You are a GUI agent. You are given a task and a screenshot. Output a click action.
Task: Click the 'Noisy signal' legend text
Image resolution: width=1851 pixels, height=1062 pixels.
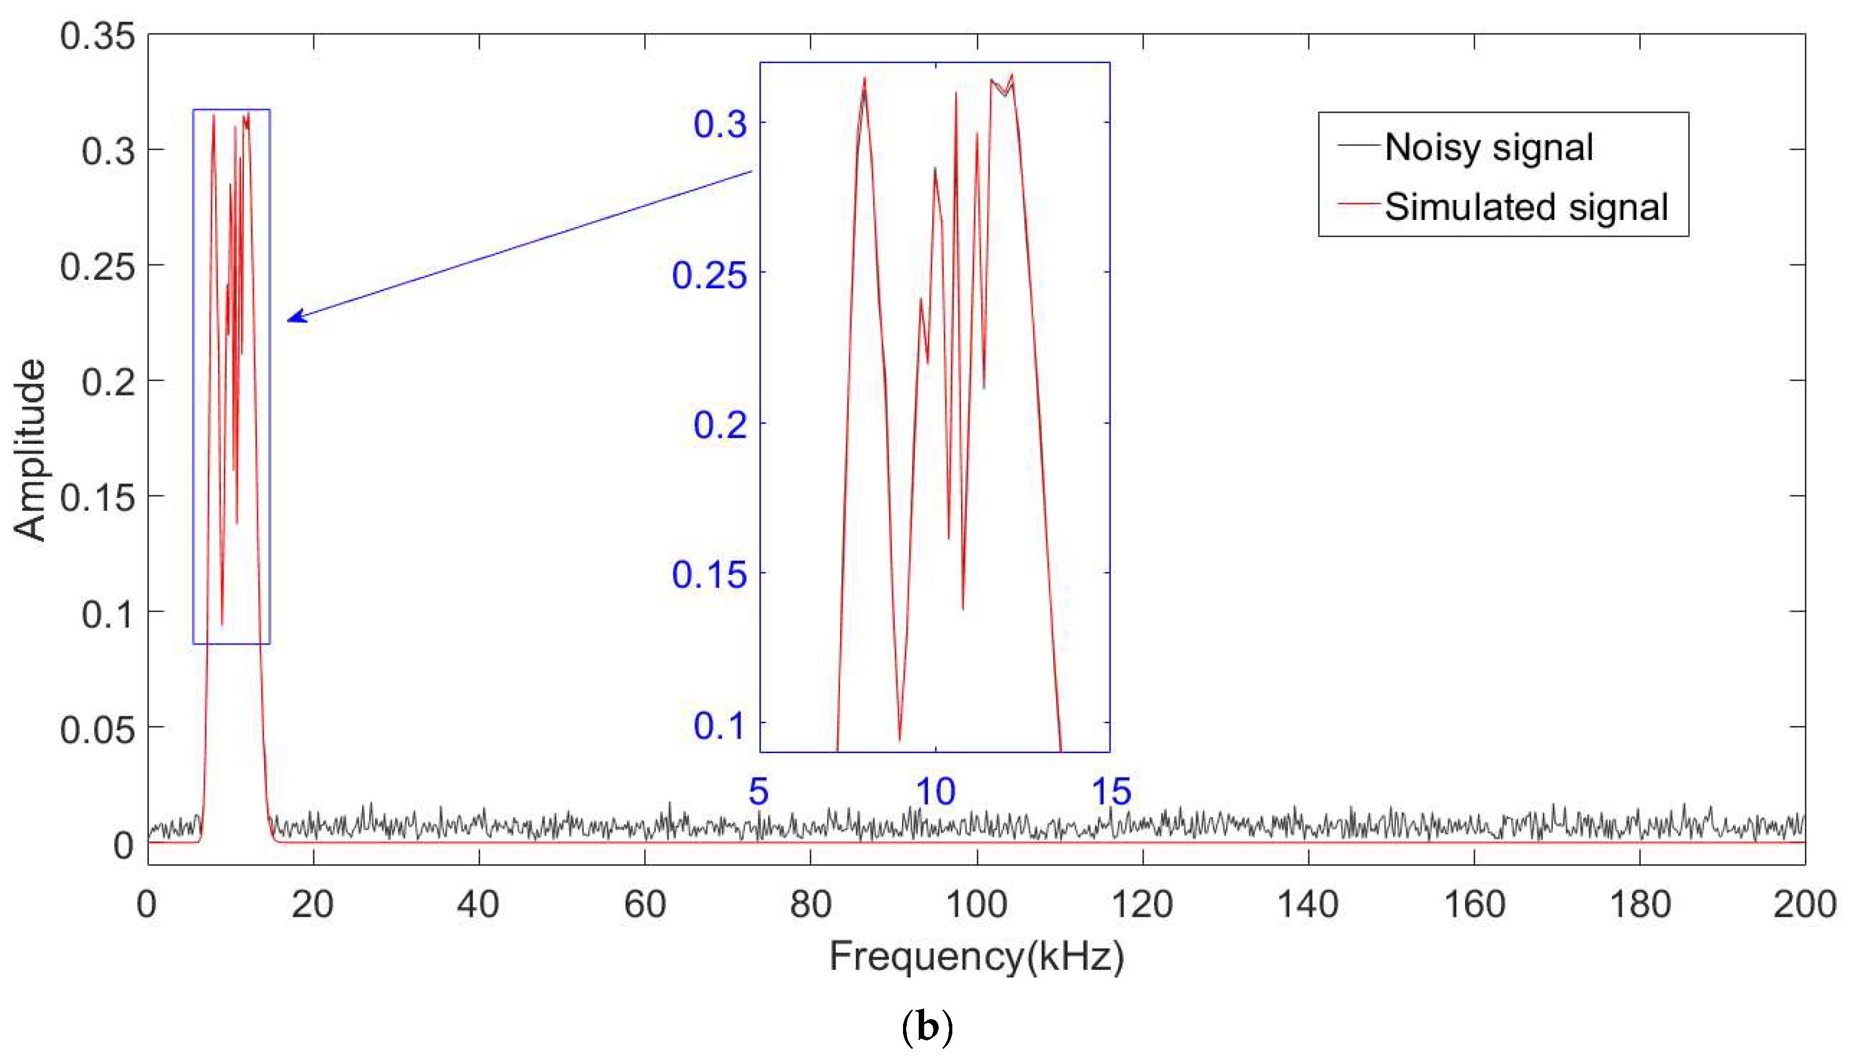[x=1488, y=148]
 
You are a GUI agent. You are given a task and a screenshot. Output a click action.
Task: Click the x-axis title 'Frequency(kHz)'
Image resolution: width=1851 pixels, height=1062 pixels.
[x=976, y=956]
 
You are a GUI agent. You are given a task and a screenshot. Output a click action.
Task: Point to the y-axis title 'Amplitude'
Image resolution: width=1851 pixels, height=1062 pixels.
[x=30, y=450]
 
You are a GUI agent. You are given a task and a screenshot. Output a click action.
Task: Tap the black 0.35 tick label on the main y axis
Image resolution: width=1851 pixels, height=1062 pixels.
[x=98, y=36]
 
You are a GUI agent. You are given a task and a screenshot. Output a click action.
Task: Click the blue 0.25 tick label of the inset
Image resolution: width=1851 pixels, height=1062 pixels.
[x=709, y=276]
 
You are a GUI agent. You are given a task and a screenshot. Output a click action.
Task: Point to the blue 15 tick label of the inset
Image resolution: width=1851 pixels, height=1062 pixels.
[x=1111, y=792]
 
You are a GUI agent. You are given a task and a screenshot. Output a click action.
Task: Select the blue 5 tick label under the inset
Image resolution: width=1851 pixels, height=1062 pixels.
[x=759, y=792]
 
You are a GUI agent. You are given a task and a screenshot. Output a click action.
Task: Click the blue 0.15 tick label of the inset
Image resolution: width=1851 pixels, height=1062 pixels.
[x=709, y=575]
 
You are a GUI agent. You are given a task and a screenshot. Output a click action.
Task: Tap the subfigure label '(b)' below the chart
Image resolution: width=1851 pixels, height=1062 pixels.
[x=927, y=1028]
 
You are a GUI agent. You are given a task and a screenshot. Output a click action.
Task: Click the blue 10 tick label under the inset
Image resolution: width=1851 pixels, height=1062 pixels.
[x=936, y=792]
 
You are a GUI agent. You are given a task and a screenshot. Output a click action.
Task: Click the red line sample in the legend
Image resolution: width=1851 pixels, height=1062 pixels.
[x=1358, y=204]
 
